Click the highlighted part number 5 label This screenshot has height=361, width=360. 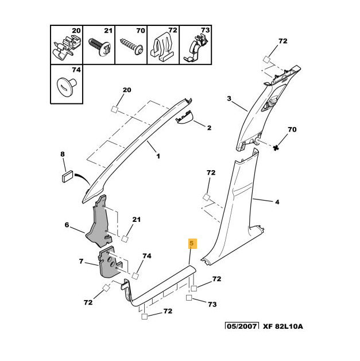point(192,244)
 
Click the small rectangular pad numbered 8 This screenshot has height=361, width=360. point(67,174)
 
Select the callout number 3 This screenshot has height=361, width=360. point(229,99)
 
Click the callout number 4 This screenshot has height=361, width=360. point(277,202)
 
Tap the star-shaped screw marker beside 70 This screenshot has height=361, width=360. point(276,147)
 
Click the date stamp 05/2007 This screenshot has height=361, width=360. point(242,327)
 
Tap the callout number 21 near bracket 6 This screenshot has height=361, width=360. point(137,220)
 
